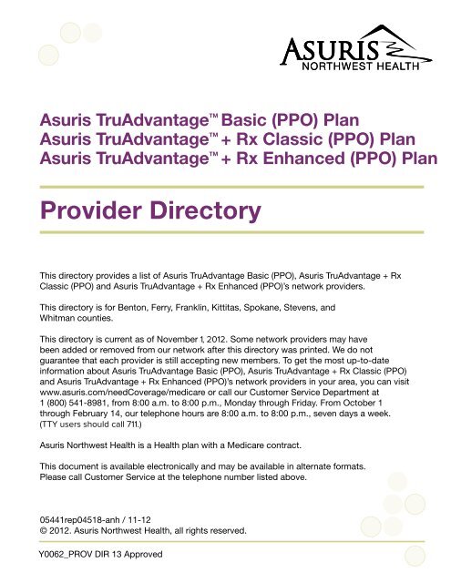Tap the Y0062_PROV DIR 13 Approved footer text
94,555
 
